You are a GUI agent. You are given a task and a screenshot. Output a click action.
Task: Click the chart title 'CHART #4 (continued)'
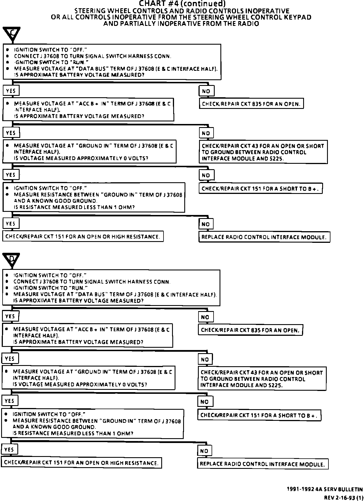click(x=182, y=4)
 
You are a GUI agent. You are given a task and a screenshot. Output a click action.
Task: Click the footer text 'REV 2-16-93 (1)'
click(x=343, y=498)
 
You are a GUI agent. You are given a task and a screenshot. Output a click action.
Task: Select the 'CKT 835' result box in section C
click(x=251, y=104)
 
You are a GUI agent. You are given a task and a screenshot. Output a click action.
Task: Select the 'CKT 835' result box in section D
click(x=250, y=330)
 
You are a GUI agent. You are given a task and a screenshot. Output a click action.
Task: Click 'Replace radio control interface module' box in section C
click(x=264, y=237)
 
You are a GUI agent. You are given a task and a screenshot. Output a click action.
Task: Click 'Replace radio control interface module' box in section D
click(x=262, y=464)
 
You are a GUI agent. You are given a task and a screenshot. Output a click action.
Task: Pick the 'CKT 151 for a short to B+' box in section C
click(x=260, y=189)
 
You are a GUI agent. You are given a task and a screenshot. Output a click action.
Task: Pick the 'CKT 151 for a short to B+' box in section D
click(x=259, y=415)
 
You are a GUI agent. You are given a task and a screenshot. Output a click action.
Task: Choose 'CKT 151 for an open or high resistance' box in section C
click(x=83, y=237)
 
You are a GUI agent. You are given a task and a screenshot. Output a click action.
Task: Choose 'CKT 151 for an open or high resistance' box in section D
click(x=81, y=463)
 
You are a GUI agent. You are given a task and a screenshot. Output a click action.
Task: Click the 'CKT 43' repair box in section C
click(x=263, y=152)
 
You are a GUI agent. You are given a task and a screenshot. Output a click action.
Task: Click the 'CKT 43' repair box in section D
click(x=262, y=379)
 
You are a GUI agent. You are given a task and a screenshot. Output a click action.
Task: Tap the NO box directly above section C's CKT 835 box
click(x=206, y=91)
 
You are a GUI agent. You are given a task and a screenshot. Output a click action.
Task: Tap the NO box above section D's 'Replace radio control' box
click(x=204, y=451)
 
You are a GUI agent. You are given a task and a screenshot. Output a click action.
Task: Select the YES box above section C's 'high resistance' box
click(x=11, y=223)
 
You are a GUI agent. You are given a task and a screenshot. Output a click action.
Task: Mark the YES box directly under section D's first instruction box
click(x=10, y=316)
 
